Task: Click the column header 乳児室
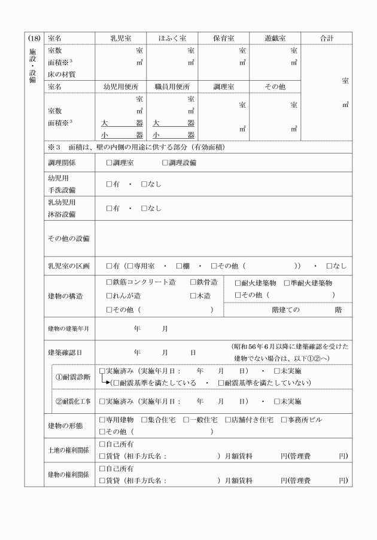pos(120,38)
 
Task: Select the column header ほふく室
pos(172,38)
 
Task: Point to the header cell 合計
pos(326,38)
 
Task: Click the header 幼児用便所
pos(120,87)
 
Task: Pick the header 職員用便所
pos(172,87)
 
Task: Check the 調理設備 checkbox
pos(165,163)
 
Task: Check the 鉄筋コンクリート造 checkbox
pos(109,282)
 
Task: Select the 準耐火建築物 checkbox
pos(287,283)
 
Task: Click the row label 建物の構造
pos(65,296)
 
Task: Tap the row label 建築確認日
pos(65,353)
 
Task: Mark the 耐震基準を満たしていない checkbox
pos(221,383)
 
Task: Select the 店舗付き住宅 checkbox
pos(228,420)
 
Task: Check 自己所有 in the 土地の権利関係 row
pos(102,444)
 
